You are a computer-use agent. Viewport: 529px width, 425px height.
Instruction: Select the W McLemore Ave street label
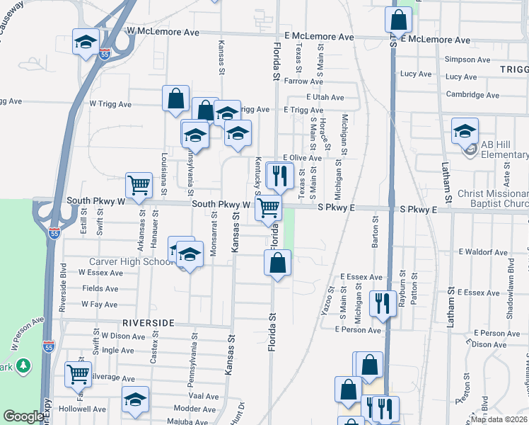164,32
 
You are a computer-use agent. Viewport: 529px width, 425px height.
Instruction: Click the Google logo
23,416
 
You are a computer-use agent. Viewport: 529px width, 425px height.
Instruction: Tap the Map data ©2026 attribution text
499,419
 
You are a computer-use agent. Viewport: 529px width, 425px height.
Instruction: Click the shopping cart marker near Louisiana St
139,185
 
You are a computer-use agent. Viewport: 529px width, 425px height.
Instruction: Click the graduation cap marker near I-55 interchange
86,41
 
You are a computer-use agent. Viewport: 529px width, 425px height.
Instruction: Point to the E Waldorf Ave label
483,251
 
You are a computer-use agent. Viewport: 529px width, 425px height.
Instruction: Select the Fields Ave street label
100,288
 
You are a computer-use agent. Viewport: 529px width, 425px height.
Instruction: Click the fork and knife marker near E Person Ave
383,304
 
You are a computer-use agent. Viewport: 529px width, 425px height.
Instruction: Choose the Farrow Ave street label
303,81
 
